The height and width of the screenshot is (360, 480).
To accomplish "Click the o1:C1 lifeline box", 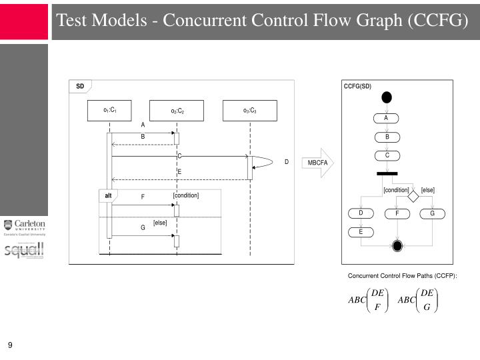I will tap(110, 110).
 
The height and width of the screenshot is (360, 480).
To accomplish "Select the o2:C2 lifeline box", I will tap(177, 111).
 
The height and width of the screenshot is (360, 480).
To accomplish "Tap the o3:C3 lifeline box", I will tap(250, 111).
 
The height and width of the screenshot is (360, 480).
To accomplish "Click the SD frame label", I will tap(80, 87).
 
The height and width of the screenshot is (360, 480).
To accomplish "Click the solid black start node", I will tap(387, 97).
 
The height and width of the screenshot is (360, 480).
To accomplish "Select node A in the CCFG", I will tap(386, 119).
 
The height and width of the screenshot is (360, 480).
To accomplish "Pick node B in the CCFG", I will tap(387, 137).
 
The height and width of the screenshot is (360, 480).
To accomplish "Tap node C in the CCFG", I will tap(387, 156).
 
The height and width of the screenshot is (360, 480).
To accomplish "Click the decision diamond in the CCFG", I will tap(413, 195).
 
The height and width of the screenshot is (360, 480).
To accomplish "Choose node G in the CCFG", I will tap(432, 213).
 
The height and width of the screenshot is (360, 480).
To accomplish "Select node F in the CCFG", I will tap(397, 213).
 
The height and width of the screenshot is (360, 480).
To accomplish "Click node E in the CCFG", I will tap(361, 232).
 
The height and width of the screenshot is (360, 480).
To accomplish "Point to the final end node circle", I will tap(398, 246).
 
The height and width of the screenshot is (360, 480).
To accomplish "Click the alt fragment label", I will tap(108, 195).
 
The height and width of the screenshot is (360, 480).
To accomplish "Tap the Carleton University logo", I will tap(24, 228).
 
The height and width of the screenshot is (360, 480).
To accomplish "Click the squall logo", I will tap(24, 251).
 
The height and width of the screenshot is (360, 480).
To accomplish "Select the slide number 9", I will tap(11, 345).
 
